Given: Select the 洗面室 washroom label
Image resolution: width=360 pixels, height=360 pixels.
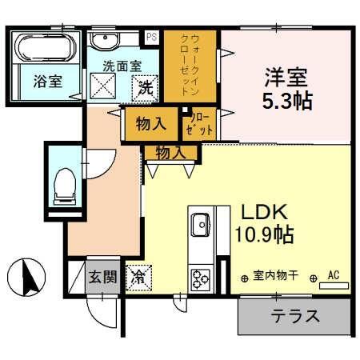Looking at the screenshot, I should pos(119,67).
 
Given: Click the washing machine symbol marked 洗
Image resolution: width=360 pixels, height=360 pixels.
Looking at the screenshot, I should pos(146,87).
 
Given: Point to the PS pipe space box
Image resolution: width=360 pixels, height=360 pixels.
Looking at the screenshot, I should pos(151,35).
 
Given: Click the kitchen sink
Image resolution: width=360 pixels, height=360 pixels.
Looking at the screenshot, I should pos(199,222).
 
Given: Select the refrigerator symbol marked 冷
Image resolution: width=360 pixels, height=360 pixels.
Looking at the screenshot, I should pos(138,278).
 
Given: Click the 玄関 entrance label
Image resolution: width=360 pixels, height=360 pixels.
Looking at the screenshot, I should pos(102,278).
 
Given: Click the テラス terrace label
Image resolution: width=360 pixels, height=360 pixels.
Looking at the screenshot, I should pos(294,315).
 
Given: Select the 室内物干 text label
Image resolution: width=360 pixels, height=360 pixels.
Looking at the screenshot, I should pos(275,277).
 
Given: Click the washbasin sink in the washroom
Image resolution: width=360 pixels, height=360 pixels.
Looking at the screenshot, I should pos(105,41).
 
